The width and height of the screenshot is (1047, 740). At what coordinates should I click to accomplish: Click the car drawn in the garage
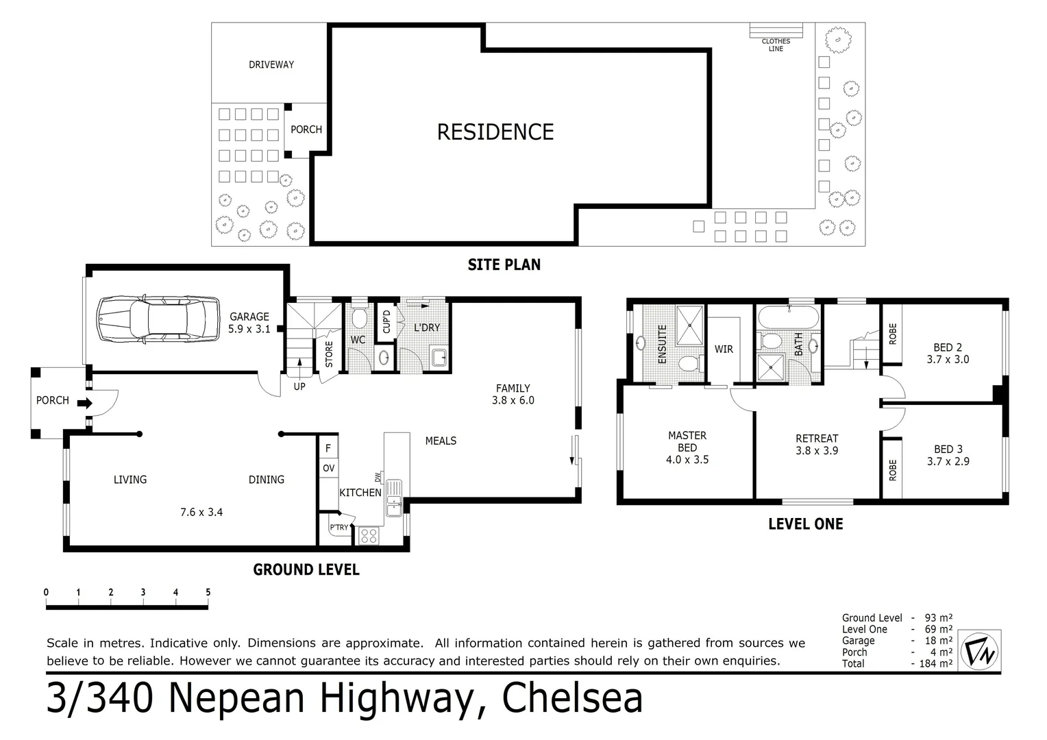coord(158,319)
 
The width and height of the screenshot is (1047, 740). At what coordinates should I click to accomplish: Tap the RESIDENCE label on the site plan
coord(495,132)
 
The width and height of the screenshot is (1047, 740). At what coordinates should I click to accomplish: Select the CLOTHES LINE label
coord(776,45)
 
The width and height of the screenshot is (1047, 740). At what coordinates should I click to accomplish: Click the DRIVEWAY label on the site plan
coord(271,64)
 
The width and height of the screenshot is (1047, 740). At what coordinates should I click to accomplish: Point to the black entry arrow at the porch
coord(84,404)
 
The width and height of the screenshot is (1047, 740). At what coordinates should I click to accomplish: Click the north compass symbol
coord(980,650)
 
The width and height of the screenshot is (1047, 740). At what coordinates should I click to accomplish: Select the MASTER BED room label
coord(687,447)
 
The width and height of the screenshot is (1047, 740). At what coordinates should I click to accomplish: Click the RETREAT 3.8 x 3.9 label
coord(817,444)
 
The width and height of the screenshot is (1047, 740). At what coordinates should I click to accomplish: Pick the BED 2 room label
coord(948,353)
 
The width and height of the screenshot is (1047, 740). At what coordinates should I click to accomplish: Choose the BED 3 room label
coord(948,455)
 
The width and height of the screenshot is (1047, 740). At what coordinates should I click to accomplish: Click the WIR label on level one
coord(724,349)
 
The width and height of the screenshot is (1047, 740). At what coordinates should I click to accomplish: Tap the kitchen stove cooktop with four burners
coord(369,535)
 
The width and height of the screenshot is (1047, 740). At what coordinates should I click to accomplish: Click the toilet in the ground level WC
coord(358,317)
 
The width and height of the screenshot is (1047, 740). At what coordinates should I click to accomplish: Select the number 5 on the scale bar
coord(208,593)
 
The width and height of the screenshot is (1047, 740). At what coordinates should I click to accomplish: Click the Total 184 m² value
coord(936,663)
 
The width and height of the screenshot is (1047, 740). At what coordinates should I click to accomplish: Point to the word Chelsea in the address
coord(572,698)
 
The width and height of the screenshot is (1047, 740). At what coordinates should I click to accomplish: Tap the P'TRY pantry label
coord(339,528)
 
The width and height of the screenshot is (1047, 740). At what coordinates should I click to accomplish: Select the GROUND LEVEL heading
coord(306,569)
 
